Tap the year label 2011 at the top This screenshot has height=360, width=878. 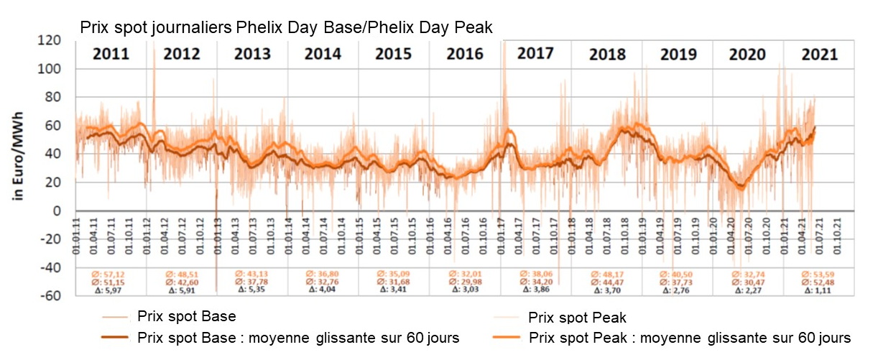111,54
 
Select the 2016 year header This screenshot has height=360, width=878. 465,54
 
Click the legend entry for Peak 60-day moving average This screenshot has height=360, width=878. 689,337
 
